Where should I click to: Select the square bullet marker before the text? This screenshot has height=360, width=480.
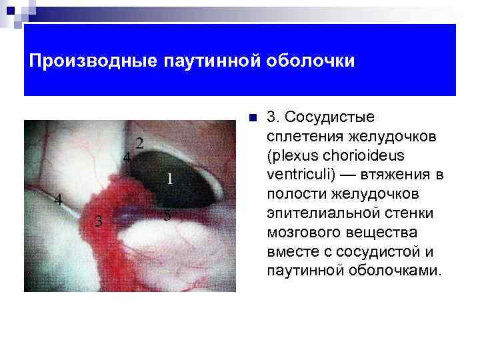[x=251, y=119]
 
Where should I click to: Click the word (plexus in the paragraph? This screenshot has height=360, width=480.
[x=290, y=156]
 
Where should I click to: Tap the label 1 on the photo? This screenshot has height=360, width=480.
[x=169, y=179]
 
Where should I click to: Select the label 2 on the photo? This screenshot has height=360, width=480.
[x=140, y=143]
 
